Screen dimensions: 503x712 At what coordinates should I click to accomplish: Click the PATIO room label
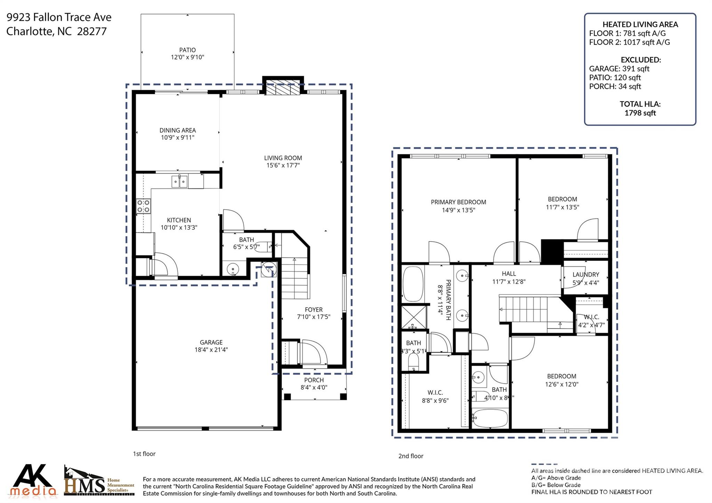(187, 50)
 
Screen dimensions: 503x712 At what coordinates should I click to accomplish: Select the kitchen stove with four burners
(143, 206)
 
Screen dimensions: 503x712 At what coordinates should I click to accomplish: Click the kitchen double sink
(179, 181)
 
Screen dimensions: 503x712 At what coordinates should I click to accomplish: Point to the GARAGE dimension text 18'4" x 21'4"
(211, 350)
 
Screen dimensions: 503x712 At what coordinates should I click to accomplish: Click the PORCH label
(314, 380)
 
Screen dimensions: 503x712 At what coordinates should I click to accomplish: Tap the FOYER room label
(314, 310)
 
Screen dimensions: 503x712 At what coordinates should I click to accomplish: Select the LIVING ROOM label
(283, 158)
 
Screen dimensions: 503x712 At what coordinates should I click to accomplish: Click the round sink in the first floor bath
(232, 269)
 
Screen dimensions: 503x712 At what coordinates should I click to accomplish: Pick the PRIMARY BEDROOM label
(458, 202)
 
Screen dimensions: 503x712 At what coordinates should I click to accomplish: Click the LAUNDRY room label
(586, 275)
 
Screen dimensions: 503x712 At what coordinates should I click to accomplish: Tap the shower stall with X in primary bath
(414, 317)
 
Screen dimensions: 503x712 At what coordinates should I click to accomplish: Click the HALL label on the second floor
(509, 274)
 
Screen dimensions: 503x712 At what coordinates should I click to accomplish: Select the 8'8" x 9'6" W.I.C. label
(435, 400)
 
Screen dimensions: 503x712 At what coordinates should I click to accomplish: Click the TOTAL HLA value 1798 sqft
(640, 113)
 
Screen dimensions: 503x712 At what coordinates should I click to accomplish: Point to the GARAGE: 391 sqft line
(619, 69)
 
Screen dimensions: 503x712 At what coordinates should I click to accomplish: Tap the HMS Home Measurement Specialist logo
(99, 481)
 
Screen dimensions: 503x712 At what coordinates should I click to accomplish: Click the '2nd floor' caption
(411, 456)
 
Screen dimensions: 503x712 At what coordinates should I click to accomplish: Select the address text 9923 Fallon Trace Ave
(59, 17)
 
